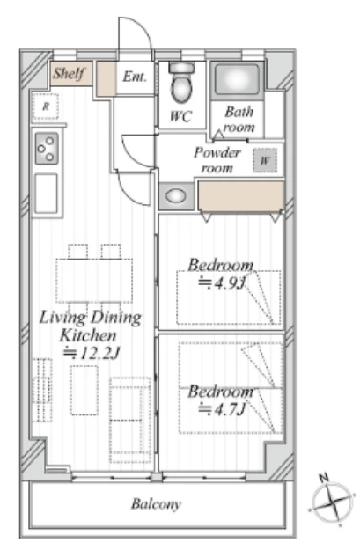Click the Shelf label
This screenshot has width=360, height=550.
click(x=69, y=74)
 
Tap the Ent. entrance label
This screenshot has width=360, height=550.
click(x=135, y=77)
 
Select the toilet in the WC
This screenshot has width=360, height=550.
click(x=181, y=83)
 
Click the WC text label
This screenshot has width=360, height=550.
click(x=180, y=116)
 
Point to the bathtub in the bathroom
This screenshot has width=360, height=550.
click(x=237, y=79)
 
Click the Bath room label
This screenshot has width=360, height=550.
click(x=239, y=120)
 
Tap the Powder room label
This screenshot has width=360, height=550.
click(x=217, y=160)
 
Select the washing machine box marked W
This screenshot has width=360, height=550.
click(x=265, y=161)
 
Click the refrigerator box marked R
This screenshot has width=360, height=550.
click(x=46, y=106)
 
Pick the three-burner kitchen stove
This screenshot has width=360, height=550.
click(x=47, y=149)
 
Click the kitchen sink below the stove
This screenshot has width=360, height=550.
click(x=47, y=194)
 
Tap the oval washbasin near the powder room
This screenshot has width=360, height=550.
click(x=175, y=195)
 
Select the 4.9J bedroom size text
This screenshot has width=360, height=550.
click(x=222, y=283)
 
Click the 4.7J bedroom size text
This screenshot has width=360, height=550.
click(x=222, y=409)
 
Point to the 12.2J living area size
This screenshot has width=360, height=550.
click(x=92, y=353)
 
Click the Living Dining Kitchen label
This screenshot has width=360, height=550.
click(x=90, y=326)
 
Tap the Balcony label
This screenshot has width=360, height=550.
click(x=156, y=504)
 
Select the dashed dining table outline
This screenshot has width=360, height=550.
click(x=94, y=281)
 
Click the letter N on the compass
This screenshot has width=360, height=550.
click(x=324, y=477)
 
